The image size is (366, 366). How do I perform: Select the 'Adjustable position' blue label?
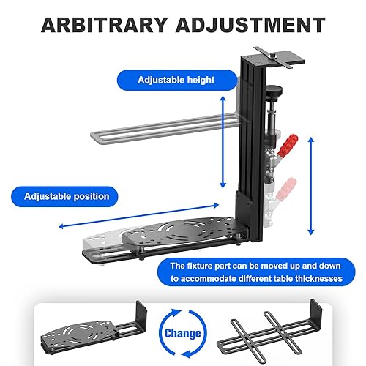click(x=67, y=196)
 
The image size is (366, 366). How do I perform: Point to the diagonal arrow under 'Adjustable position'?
click(x=139, y=217)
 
